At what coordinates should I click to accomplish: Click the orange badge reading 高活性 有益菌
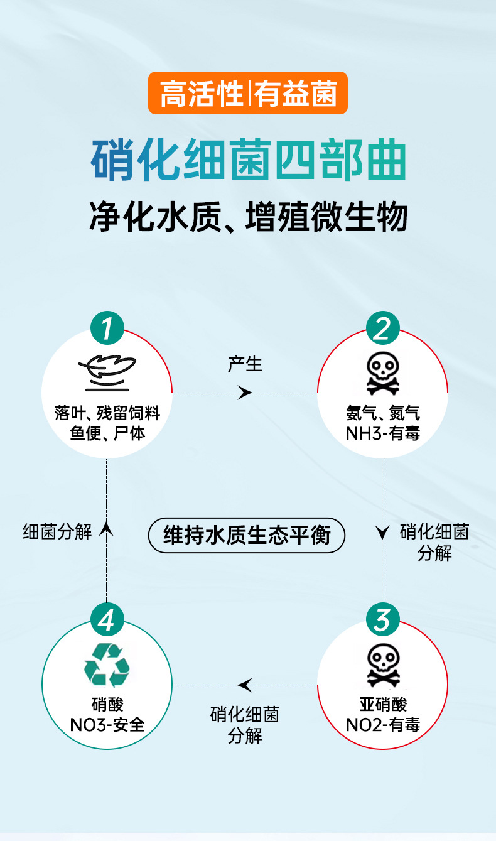pyautogui.click(x=248, y=93)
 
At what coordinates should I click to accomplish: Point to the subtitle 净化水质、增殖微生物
pyautogui.click(x=248, y=217)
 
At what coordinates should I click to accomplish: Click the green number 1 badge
pyautogui.click(x=107, y=328)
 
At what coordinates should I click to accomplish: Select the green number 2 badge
pyautogui.click(x=382, y=328)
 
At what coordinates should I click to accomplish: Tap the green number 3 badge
pyautogui.click(x=382, y=621)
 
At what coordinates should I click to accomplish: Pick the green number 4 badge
pyautogui.click(x=107, y=621)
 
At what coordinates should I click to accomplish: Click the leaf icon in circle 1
pyautogui.click(x=107, y=372)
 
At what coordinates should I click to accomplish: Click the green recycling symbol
pyautogui.click(x=107, y=665)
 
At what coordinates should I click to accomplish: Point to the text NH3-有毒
pyautogui.click(x=382, y=433)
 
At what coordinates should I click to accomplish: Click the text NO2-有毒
pyautogui.click(x=382, y=725)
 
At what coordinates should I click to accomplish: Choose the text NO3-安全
pyautogui.click(x=107, y=725)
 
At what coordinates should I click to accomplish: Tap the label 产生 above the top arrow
pyautogui.click(x=245, y=364)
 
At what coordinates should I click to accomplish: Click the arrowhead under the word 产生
pyautogui.click(x=245, y=393)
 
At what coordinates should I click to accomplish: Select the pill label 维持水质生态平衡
pyautogui.click(x=247, y=535)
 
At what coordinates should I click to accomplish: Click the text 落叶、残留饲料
pyautogui.click(x=107, y=413)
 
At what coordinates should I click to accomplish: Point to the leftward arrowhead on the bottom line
pyautogui.click(x=245, y=685)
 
